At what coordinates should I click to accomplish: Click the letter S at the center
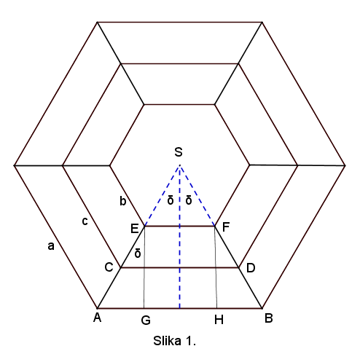click(x=179, y=152)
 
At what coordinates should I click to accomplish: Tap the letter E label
click(x=135, y=229)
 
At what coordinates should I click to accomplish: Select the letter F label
click(x=226, y=227)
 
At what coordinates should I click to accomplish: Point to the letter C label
click(x=109, y=267)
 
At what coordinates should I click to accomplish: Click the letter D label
click(x=251, y=268)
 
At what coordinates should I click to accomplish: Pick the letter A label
click(x=97, y=317)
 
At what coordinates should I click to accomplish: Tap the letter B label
click(x=269, y=318)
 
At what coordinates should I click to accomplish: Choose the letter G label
click(x=146, y=320)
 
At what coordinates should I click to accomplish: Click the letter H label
click(x=219, y=320)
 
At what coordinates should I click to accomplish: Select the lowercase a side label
click(x=51, y=246)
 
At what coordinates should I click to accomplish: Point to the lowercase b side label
click(x=123, y=201)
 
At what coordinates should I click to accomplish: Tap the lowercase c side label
click(x=85, y=221)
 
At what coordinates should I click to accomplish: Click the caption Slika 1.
click(x=174, y=341)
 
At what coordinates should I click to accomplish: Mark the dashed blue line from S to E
click(x=163, y=196)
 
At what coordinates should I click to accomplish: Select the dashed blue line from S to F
click(x=197, y=196)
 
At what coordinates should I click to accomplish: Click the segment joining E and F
click(x=180, y=227)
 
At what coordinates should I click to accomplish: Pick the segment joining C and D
click(x=180, y=267)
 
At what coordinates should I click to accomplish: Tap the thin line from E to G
click(x=144, y=267)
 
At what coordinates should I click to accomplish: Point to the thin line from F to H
click(x=216, y=267)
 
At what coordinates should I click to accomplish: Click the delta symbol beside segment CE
click(x=138, y=253)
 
